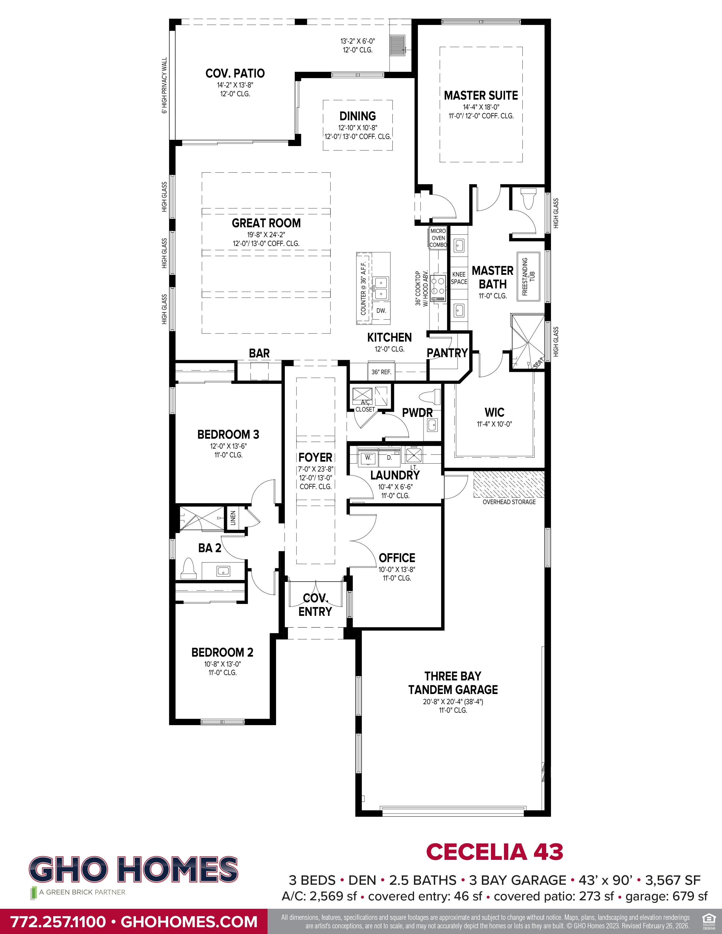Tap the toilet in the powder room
(x=431, y=397)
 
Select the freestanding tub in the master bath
(x=529, y=276)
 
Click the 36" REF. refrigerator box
(x=381, y=372)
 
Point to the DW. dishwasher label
(x=381, y=310)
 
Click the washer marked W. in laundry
(x=368, y=457)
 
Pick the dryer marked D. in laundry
(x=389, y=457)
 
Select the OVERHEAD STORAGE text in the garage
(x=509, y=502)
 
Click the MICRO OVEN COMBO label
(x=438, y=238)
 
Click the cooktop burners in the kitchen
(x=438, y=286)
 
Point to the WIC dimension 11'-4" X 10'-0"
(x=494, y=424)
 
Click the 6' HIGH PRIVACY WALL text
(x=164, y=85)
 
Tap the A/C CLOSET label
(x=365, y=406)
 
